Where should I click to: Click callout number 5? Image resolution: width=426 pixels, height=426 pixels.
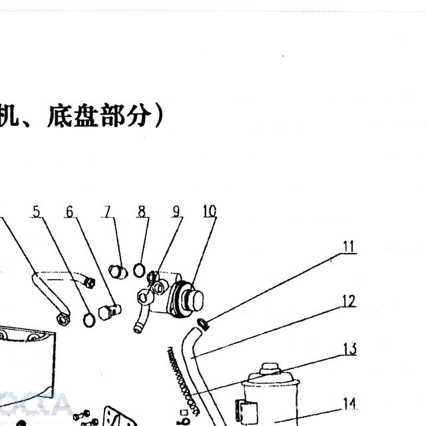(37, 212)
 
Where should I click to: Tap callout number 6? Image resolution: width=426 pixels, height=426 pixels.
(70, 212)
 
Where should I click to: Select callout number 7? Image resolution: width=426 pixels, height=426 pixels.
(108, 212)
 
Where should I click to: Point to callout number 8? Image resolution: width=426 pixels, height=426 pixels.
(142, 212)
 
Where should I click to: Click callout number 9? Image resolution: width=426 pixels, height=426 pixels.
(176, 212)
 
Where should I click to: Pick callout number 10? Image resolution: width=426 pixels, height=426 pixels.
(210, 211)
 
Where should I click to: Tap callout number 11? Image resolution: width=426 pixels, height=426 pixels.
(349, 246)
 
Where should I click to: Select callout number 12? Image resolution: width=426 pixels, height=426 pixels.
(349, 301)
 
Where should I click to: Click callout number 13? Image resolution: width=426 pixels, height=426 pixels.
(349, 349)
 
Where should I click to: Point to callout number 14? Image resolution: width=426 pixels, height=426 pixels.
(349, 403)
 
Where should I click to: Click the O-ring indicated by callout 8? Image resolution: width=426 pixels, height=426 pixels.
(139, 270)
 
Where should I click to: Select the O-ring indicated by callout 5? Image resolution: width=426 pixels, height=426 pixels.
(89, 321)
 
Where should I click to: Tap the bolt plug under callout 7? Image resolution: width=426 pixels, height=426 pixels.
(118, 272)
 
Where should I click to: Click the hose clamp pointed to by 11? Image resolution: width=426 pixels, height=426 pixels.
(204, 324)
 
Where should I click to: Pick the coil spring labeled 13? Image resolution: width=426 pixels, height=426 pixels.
(182, 381)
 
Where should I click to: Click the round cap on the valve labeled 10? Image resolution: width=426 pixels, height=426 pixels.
(195, 300)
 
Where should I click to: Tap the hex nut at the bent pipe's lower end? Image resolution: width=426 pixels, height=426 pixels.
(63, 319)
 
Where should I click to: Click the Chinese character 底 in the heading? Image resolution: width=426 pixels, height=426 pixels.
(59, 115)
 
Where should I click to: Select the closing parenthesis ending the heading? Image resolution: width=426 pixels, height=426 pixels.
(158, 116)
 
